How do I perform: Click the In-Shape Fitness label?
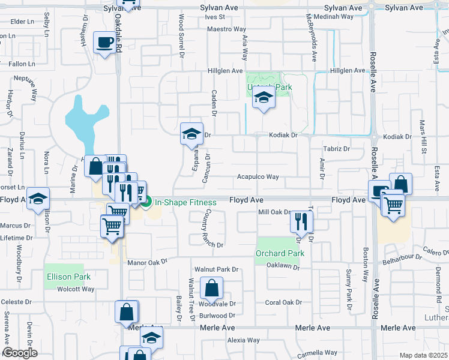coord(185,202)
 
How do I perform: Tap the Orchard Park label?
coord(280,253)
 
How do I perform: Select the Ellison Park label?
coord(68,277)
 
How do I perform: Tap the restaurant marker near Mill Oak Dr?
coord(301,221)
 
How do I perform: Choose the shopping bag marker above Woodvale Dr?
coord(212,288)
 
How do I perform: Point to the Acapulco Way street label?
coord(258,177)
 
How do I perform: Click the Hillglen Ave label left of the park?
coord(225,71)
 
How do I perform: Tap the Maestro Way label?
coord(228,29)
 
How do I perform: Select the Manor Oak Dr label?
coord(146,262)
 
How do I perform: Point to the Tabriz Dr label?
coord(336,148)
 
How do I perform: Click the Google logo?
coord(20,353)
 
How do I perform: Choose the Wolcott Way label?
coord(76,289)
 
